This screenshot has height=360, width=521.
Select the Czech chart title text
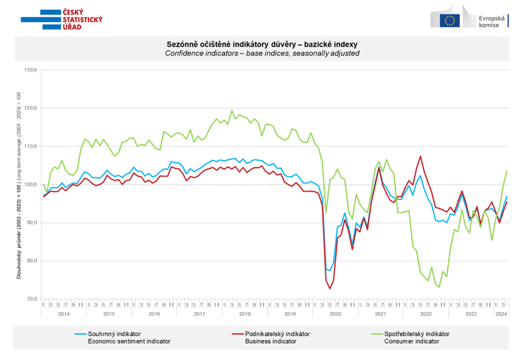pos(262,45)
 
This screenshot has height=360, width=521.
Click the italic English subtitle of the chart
pos(262,54)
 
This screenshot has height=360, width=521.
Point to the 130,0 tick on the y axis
pos(30,70)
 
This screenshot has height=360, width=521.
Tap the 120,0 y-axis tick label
pos(30,109)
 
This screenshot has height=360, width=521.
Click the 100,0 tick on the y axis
pos(30,185)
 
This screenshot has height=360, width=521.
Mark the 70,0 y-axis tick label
pos(30,299)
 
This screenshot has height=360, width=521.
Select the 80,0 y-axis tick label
pos(30,261)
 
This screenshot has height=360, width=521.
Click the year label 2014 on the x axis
pos(63,314)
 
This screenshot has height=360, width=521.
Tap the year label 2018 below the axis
pos(245,314)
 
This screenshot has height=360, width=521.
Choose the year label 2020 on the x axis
pos(336,314)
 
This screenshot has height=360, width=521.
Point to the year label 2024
pos(502,314)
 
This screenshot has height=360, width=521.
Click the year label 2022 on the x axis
pos(426,314)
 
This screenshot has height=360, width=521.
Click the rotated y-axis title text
pos(19,185)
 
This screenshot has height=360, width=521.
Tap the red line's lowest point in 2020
pos(329,289)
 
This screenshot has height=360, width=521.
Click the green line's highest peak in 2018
pos(231,111)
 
